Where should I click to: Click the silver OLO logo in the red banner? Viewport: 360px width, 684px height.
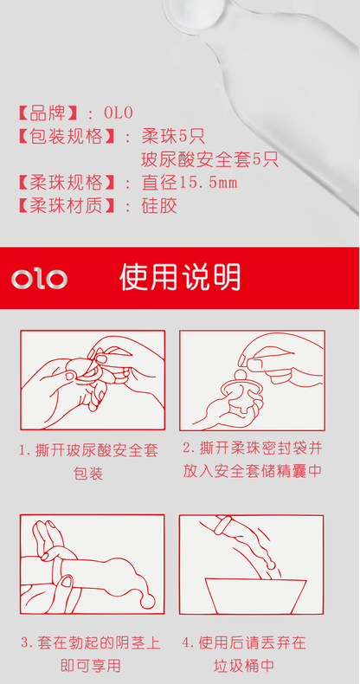coord(39,279)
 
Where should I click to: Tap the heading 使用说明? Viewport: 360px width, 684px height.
coord(180,277)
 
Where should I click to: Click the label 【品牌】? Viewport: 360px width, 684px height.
coord(48,113)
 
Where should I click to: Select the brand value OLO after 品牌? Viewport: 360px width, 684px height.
coord(118,113)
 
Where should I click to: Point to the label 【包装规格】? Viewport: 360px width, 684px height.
coord(67,137)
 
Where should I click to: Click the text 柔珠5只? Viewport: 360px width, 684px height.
coord(173,137)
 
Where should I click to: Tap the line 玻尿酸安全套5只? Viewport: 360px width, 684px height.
coord(209,160)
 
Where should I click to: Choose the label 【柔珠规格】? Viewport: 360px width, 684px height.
coord(67,183)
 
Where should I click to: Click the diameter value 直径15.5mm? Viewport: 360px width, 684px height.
coord(190,183)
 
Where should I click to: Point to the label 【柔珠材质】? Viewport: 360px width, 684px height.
coord(67,206)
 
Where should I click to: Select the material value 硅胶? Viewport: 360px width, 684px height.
coord(159,206)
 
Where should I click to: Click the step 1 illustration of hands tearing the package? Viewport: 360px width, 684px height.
coord(93,380)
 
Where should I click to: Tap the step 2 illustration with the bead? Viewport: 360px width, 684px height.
coord(252,380)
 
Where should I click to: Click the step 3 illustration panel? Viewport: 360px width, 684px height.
coord(93,565)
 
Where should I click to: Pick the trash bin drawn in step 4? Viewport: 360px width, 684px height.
coord(255,596)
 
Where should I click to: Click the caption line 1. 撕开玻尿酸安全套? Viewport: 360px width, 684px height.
coord(88,450)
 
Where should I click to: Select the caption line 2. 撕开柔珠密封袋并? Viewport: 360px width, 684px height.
coord(253,448)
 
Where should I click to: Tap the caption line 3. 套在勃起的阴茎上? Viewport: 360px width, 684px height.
coord(91,642)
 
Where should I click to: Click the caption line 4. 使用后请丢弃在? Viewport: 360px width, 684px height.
coord(244,642)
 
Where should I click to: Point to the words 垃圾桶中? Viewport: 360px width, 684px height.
coord(244,666)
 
